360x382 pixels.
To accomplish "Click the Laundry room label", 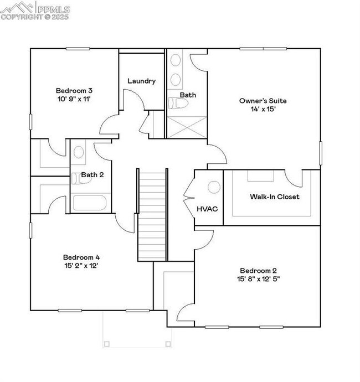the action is coord(142,81).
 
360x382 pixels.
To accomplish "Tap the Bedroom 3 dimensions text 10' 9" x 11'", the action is coord(74,99).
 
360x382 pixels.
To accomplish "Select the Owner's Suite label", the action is coord(263,101).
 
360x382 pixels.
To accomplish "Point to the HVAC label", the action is coord(207,209).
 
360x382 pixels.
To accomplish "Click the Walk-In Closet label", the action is coord(275,197).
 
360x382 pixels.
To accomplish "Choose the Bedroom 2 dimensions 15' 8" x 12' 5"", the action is coord(258,279).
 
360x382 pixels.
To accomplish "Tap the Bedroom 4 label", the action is coord(81,257).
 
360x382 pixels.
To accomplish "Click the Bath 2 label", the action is coord(92,175).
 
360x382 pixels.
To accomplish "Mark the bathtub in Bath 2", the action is coord(90,203).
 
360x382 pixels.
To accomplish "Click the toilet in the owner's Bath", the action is coord(178,103).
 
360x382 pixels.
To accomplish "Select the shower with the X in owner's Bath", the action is coord(187,127).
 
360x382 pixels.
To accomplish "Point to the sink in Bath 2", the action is coord(79,152).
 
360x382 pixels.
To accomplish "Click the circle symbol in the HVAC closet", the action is coord(214,187).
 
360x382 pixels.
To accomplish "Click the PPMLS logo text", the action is coord(54,9).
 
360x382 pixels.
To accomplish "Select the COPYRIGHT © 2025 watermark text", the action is coord(34,17).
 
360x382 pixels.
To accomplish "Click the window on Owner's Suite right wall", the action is coord(321,153).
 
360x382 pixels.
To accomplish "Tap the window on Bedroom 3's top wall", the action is coord(78,49).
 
